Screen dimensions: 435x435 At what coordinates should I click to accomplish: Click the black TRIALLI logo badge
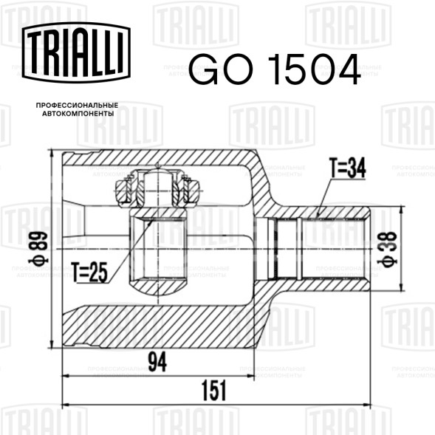76,52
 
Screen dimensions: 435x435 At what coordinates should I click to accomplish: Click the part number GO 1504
275,69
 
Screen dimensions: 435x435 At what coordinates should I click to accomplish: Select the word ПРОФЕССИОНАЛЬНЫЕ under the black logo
77,106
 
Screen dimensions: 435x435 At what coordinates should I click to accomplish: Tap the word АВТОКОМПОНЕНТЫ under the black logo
78,114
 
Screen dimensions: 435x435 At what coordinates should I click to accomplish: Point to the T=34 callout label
347,168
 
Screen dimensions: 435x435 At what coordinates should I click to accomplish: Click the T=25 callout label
89,273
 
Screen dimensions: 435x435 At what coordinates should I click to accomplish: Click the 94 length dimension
157,361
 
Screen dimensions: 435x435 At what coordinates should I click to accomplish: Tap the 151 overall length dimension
214,391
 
